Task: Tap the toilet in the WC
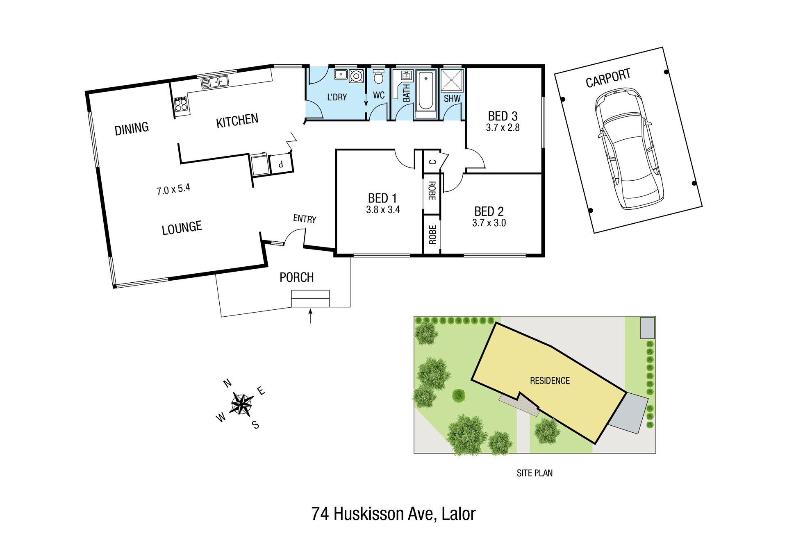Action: (379, 76)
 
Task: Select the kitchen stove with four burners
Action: (181, 104)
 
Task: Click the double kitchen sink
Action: (214, 82)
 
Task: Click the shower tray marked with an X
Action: (452, 80)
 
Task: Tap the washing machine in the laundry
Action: (356, 76)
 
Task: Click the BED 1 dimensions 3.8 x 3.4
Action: (383, 210)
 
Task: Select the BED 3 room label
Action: (503, 116)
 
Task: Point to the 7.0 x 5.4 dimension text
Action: (173, 189)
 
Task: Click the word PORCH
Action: (296, 277)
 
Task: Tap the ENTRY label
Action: (305, 219)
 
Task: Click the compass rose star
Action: (241, 404)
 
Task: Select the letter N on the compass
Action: (227, 383)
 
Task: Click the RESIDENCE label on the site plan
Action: (550, 381)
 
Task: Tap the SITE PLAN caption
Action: (535, 473)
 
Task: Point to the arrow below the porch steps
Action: (310, 316)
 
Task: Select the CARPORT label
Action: (608, 78)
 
